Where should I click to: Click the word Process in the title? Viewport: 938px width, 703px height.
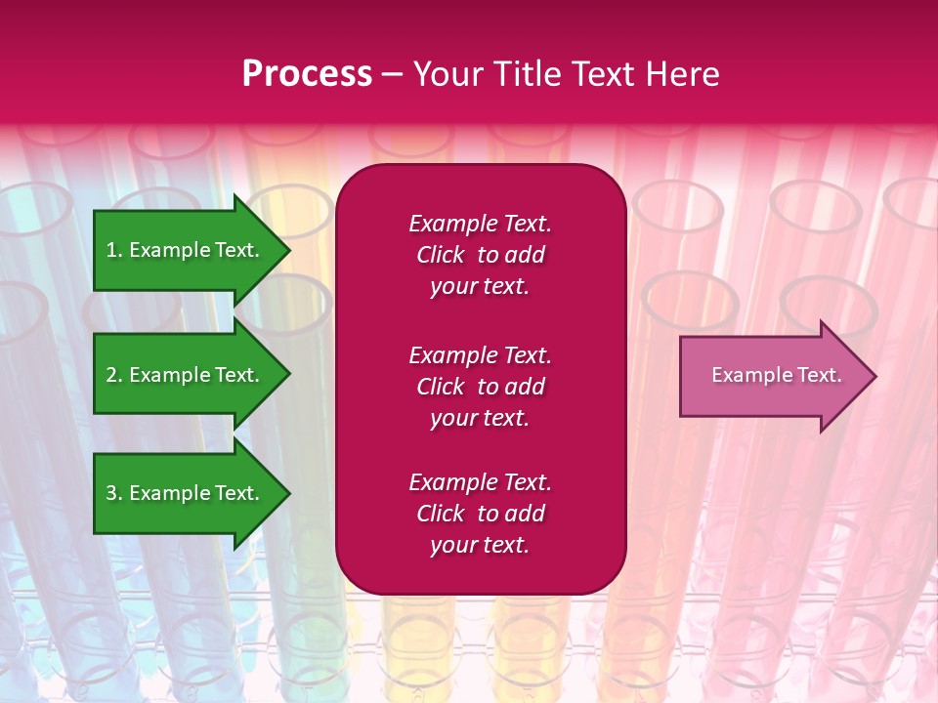pyautogui.click(x=307, y=74)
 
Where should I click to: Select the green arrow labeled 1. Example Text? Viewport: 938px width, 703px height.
pyautogui.click(x=186, y=250)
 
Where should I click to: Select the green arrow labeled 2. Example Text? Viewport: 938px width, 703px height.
pyautogui.click(x=186, y=375)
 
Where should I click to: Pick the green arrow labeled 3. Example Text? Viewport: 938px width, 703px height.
pyautogui.click(x=186, y=493)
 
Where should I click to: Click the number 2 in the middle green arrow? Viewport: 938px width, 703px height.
pyautogui.click(x=111, y=375)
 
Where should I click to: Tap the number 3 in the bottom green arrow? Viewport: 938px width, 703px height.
pyautogui.click(x=111, y=493)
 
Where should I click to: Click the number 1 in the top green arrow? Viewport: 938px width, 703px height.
pyautogui.click(x=111, y=250)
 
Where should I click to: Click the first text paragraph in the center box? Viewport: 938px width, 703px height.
pyautogui.click(x=480, y=255)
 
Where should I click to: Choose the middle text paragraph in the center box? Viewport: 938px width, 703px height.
pyautogui.click(x=480, y=387)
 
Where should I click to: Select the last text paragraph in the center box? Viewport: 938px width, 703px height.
pyautogui.click(x=480, y=514)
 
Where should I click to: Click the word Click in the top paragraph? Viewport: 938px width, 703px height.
pyautogui.click(x=440, y=255)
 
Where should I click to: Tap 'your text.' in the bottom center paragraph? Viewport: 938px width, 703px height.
pyautogui.click(x=480, y=545)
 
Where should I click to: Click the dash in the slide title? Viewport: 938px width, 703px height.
pyautogui.click(x=392, y=75)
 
